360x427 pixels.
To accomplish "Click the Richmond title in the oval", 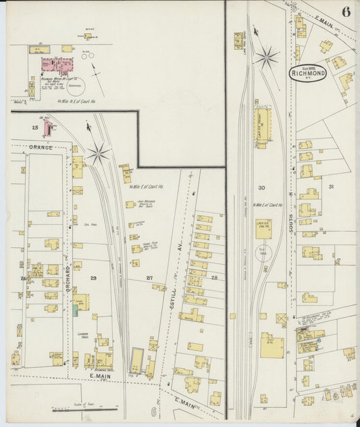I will (308, 73).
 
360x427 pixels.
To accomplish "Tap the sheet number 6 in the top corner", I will (346, 11).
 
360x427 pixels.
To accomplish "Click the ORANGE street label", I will (40, 146).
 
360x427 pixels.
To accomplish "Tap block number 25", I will (35, 127).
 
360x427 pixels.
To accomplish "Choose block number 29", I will (93, 278).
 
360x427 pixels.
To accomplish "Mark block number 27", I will (149, 278).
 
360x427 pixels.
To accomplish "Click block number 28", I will (215, 278).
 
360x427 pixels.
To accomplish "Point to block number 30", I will (261, 188).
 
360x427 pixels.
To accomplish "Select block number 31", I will (331, 186).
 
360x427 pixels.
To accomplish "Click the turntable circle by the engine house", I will (263, 251).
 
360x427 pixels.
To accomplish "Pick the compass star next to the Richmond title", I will (267, 57).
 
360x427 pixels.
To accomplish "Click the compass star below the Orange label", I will (98, 154).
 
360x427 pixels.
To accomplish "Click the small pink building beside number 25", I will (47, 127).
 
